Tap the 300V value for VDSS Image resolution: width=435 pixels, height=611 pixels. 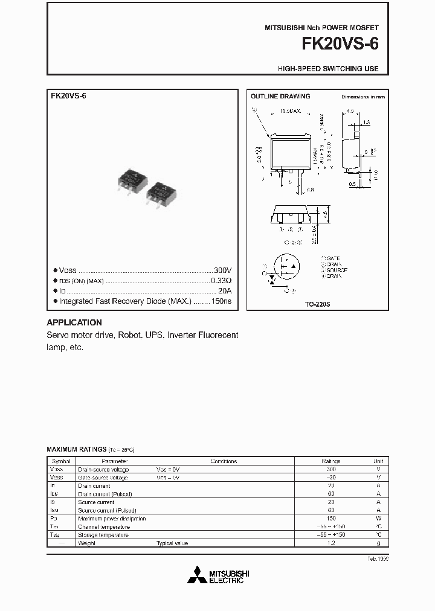click(222, 270)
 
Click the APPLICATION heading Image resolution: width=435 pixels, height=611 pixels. click(74, 322)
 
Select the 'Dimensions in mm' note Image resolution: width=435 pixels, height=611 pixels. click(362, 97)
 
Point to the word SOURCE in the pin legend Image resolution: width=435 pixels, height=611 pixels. click(337, 270)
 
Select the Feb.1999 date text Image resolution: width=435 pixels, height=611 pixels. click(378, 559)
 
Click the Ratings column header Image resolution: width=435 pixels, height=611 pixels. click(330, 461)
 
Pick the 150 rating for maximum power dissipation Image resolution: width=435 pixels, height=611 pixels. click(330, 518)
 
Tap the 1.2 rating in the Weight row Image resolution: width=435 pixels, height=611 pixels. click(330, 543)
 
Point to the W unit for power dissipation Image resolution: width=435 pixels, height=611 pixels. click(378, 518)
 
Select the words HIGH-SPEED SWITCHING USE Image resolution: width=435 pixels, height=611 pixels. click(328, 69)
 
